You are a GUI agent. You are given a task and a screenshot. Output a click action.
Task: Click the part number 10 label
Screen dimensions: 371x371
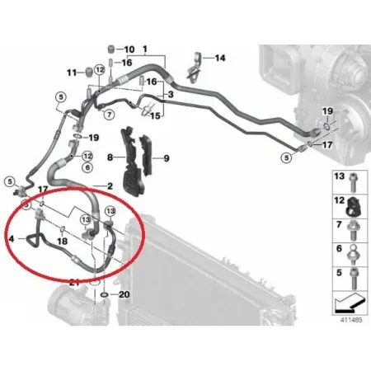click(x=129, y=49)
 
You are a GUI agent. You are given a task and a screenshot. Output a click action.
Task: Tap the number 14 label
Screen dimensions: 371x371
click(x=220, y=58)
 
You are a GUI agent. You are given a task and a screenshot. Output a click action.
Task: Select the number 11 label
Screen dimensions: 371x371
click(x=72, y=73)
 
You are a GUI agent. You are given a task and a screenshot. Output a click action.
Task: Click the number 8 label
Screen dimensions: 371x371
click(x=110, y=157)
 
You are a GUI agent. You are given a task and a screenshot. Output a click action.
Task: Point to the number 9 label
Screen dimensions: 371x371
click(x=167, y=158)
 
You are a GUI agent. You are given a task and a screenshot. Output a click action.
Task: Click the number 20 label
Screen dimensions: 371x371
click(x=124, y=294)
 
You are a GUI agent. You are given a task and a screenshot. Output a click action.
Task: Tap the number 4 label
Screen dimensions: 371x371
click(x=12, y=238)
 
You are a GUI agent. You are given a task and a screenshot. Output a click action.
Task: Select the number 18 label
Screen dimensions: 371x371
click(x=63, y=241)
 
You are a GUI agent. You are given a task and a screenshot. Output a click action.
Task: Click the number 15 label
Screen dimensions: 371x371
click(x=155, y=115)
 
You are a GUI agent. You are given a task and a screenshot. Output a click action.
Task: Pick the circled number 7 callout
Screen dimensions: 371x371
click(x=110, y=114)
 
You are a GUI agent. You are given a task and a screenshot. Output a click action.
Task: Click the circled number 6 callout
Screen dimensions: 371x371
click(x=87, y=167)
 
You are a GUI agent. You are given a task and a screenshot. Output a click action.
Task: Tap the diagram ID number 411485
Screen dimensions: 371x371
click(x=351, y=320)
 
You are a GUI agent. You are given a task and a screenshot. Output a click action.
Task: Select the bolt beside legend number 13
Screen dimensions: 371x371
click(x=352, y=182)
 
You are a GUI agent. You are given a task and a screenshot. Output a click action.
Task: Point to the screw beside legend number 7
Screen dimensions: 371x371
click(x=352, y=230)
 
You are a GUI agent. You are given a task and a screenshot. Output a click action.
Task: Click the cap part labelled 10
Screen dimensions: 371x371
click(x=110, y=50)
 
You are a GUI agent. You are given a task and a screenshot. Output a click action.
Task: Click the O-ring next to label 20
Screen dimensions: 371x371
click(x=104, y=295)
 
